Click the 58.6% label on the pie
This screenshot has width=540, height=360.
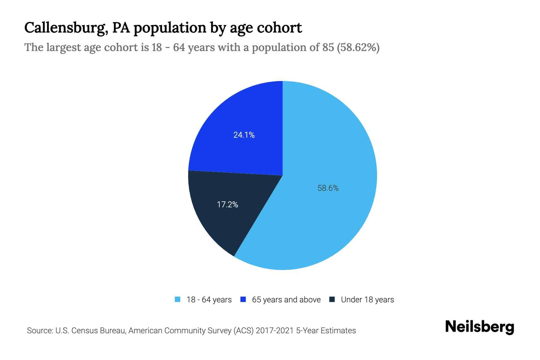pos(328,188)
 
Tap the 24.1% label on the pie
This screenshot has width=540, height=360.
pos(244,135)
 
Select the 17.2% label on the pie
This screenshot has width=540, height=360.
pos(227,205)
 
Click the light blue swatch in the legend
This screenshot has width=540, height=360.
pos(178,299)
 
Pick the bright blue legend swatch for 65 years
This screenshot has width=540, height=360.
pos(243,299)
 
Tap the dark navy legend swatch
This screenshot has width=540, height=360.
pos(332,299)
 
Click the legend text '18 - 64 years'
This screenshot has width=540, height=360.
pos(209,300)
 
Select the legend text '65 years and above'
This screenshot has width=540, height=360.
pos(286,300)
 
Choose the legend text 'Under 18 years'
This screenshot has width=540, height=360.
pos(367,300)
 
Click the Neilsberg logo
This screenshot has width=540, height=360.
pos(480,327)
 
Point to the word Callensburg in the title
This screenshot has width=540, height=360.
pos(66,28)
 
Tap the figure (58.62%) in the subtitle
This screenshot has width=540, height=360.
pos(358,47)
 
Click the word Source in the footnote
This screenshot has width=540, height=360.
pos(39,331)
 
